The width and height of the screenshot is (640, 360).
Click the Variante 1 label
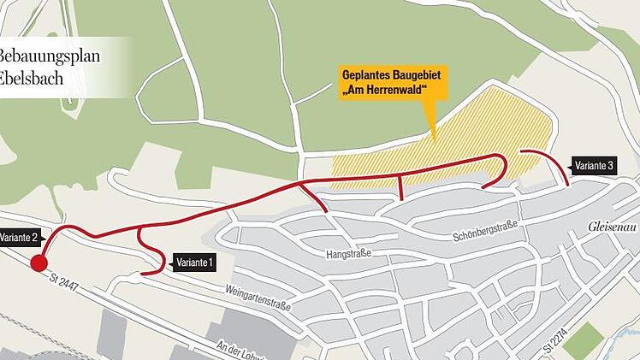pyautogui.click(x=196, y=263)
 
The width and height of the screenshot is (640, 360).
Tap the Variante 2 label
pyautogui.click(x=19, y=239)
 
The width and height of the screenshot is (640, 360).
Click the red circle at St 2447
pyautogui.click(x=39, y=263)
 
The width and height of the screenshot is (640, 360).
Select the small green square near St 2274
pyautogui.click(x=583, y=340)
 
